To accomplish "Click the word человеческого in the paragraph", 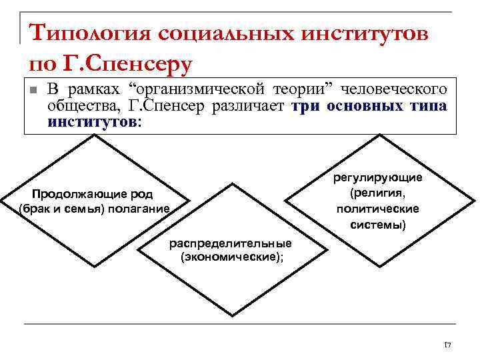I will pos(400,89).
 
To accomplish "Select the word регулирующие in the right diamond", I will pos(378,177).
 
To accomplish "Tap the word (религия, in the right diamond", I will pos(378,193).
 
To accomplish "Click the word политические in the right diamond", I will pos(378,209).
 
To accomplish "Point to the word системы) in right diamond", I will pos(378,225).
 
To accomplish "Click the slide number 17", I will pos(447,345).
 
